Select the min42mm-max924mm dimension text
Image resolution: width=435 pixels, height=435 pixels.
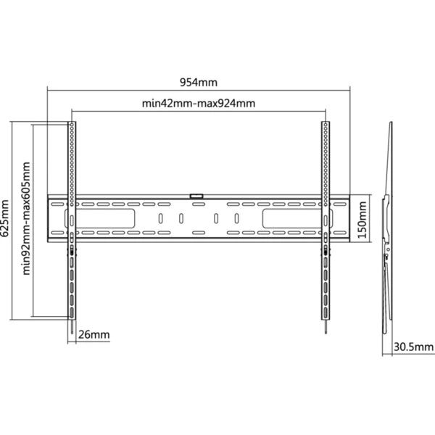pos(199,103)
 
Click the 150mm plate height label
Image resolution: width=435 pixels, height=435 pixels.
pos(363,217)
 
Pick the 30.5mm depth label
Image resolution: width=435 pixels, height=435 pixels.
pos(408,347)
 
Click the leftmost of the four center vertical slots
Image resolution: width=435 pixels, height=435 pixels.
pos(160,218)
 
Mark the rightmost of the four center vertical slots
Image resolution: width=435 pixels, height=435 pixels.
pos(236,218)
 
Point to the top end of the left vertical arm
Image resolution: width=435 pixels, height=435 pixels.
pos(72,125)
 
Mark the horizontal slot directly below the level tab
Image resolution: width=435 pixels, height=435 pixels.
pos(197,204)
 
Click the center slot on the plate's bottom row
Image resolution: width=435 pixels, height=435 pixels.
pos(197,232)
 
